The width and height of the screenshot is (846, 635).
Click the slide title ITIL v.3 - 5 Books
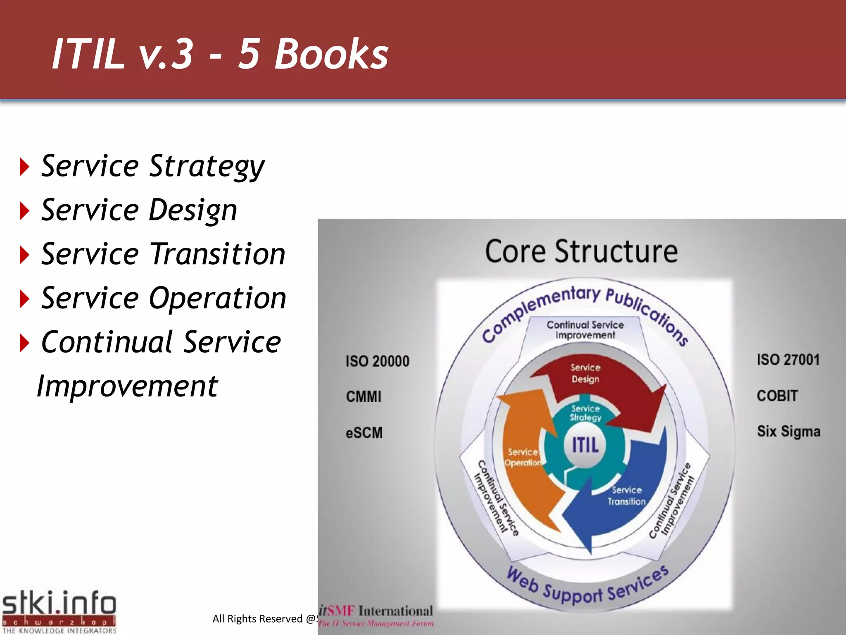click(220, 54)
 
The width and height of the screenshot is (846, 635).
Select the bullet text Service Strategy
click(153, 166)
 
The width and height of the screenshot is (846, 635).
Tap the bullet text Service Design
click(139, 210)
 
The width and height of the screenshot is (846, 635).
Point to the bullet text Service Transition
click(163, 254)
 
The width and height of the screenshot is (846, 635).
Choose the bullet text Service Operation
click(164, 298)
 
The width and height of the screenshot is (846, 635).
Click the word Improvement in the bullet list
click(127, 386)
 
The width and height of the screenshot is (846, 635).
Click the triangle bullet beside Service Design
click(25, 211)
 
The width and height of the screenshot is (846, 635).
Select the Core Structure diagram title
click(581, 251)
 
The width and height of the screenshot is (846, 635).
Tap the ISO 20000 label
click(377, 361)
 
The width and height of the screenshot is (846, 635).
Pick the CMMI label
click(364, 397)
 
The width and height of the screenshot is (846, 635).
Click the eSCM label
click(364, 433)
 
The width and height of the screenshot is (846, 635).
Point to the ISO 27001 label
click(788, 360)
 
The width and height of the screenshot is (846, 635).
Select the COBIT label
click(777, 396)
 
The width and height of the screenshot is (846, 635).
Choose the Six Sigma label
click(789, 432)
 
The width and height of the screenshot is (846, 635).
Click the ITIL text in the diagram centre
click(585, 445)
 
